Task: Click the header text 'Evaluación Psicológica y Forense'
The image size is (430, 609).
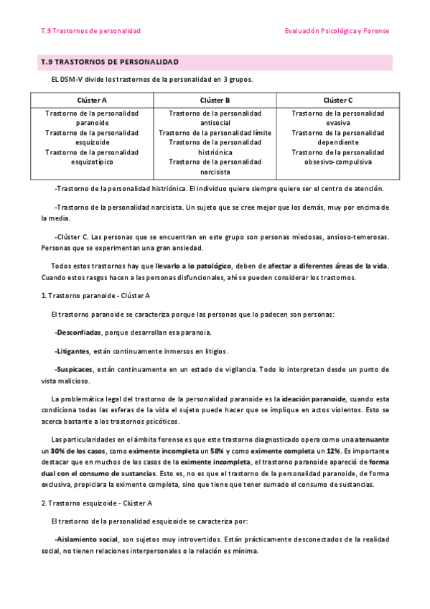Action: point(337,31)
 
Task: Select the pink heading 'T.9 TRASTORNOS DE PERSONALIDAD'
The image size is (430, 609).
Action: point(110,62)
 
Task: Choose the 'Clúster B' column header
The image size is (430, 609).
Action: point(215,101)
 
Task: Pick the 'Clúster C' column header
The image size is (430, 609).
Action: point(338,101)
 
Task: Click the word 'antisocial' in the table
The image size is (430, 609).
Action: point(215,123)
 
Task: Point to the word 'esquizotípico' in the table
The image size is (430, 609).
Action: point(92,162)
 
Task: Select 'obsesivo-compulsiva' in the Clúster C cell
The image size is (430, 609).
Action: point(338,162)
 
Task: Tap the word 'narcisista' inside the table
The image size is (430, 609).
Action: point(215,172)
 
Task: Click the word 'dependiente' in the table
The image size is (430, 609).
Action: point(338,142)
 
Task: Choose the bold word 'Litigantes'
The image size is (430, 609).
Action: point(72,351)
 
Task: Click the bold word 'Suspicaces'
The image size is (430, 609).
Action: point(75,369)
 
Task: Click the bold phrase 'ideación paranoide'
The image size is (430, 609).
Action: point(315,399)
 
